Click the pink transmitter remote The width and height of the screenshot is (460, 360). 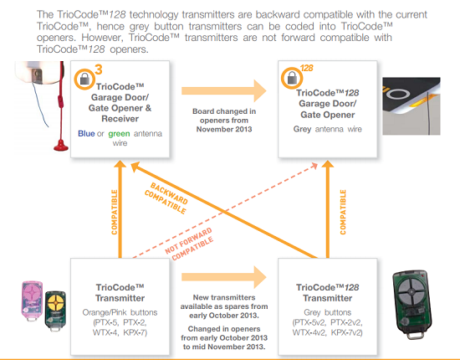pyautogui.click(x=33, y=301)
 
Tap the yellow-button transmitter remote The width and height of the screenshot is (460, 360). pyautogui.click(x=55, y=311)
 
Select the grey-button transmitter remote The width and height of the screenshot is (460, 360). pyautogui.click(x=411, y=305)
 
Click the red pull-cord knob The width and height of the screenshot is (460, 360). pyautogui.click(x=61, y=146)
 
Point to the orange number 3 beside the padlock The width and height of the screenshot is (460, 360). pyautogui.click(x=99, y=69)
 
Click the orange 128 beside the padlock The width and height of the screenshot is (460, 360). pyautogui.click(x=307, y=68)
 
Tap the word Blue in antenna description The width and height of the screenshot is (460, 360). pyautogui.click(x=86, y=134)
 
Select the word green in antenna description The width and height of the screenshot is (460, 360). pyautogui.click(x=119, y=134)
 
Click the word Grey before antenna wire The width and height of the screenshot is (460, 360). pyautogui.click(x=302, y=129)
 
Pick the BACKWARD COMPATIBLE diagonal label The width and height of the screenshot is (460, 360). pyautogui.click(x=166, y=198)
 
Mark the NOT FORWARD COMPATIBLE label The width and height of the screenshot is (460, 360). pyautogui.click(x=189, y=244)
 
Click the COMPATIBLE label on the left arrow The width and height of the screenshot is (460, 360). pyautogui.click(x=114, y=212)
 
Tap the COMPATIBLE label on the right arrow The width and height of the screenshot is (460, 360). pyautogui.click(x=343, y=212)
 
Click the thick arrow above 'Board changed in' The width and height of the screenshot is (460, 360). pyautogui.click(x=224, y=90)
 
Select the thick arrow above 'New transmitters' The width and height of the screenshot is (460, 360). pyautogui.click(x=224, y=277)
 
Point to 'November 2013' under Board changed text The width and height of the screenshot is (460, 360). pyautogui.click(x=224, y=129)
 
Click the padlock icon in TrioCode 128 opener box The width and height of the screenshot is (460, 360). pyautogui.click(x=292, y=79)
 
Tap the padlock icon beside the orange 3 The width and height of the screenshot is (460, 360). pyautogui.click(x=84, y=79)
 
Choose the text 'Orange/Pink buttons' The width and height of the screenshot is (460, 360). pyautogui.click(x=120, y=312)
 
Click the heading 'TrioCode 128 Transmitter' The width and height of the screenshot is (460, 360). pyautogui.click(x=327, y=293)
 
